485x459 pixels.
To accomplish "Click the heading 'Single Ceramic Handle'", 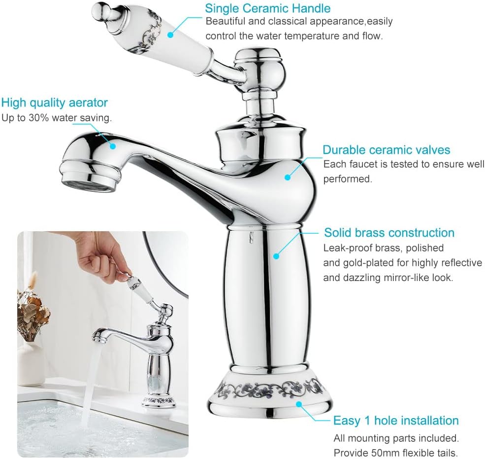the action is click(267, 8).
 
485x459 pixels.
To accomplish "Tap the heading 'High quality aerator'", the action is click(55, 103).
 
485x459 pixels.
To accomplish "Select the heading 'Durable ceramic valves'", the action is click(387, 150).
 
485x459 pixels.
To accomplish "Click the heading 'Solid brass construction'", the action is click(389, 233).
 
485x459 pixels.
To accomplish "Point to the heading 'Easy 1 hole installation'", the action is click(396, 421).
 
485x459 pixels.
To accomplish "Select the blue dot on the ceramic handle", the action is click(170, 35).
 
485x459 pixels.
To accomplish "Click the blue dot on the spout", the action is click(113, 145).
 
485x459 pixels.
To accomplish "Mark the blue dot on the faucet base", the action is click(299, 404).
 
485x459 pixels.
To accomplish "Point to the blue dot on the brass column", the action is click(277, 256).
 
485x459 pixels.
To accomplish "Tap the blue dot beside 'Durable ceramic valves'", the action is click(288, 177).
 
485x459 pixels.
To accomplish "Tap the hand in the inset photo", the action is click(103, 257).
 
